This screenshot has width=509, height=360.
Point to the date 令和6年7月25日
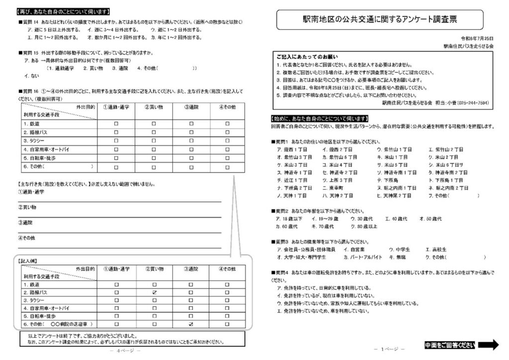click(477, 38)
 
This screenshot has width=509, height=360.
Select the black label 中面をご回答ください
click(449, 345)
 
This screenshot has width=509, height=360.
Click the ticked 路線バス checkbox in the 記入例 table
click(154, 293)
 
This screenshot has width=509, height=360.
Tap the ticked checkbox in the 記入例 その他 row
click(191, 325)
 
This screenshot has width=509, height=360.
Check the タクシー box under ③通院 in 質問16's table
click(191, 141)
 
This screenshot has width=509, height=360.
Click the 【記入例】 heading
click(28, 260)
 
